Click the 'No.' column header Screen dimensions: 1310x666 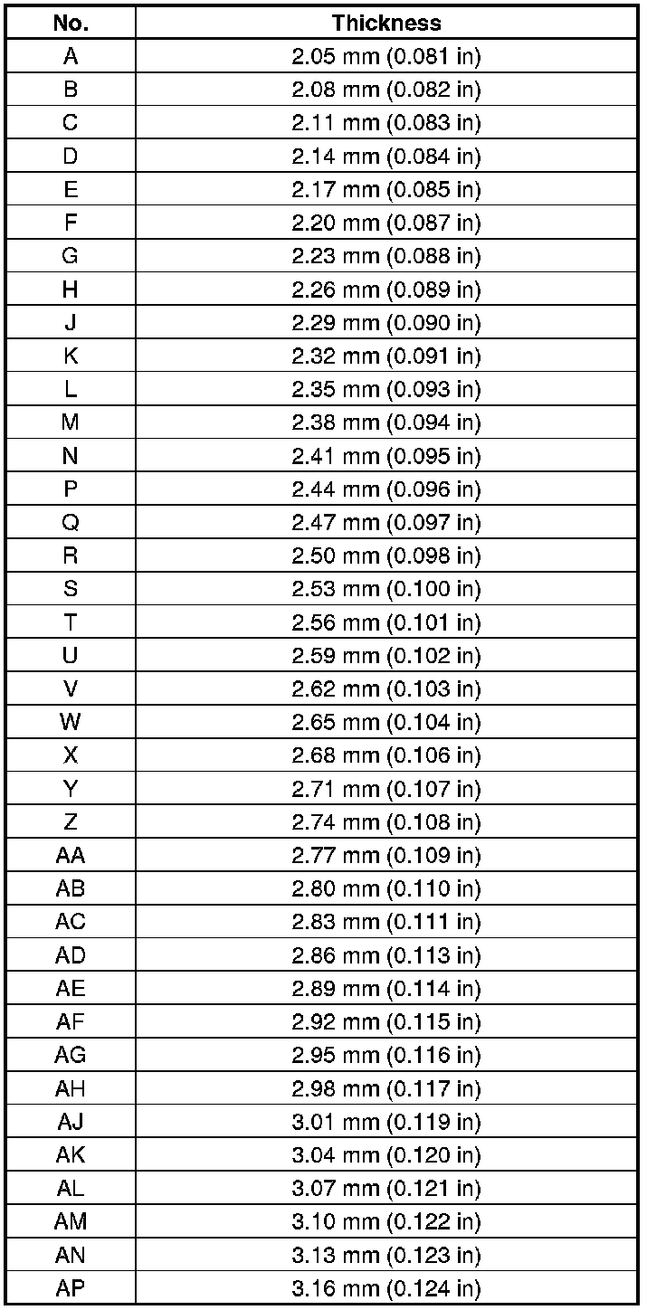[71, 23]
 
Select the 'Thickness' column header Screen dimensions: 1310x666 [386, 23]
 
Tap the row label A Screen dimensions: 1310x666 [71, 56]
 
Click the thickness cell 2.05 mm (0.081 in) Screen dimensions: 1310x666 [386, 56]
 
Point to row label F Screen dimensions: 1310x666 [71, 223]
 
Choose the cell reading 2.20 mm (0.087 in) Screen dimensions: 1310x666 [386, 223]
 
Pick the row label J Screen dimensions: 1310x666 [71, 323]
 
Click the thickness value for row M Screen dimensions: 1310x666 [386, 422]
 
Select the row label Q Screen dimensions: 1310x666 [71, 523]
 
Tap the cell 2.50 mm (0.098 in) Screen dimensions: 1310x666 [386, 555]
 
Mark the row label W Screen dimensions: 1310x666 [71, 722]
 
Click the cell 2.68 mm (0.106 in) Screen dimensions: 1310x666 [386, 755]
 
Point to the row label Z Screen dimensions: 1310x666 [71, 822]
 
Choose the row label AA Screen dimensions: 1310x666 [71, 856]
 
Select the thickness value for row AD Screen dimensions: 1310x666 [386, 955]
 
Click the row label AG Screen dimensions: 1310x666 [71, 1055]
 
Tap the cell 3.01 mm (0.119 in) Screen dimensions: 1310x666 [386, 1122]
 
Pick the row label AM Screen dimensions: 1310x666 [71, 1221]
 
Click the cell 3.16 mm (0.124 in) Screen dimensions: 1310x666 [386, 1288]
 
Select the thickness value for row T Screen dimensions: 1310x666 [386, 622]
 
